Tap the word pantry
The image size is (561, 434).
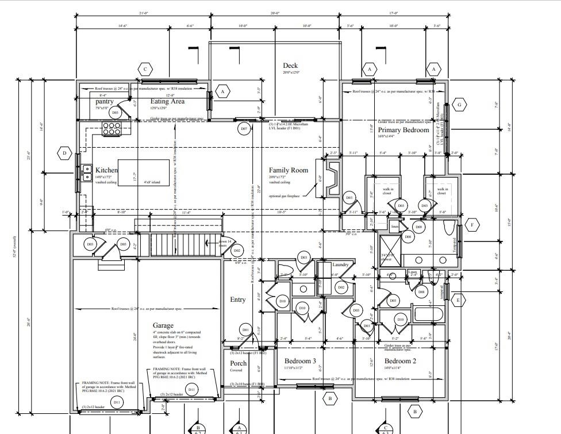coord(105,101)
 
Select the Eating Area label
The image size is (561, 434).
coord(167,101)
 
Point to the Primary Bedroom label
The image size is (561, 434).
coord(404,130)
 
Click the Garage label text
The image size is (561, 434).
coord(163,325)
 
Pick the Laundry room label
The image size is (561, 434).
coord(341,264)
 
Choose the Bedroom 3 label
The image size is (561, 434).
coord(300,360)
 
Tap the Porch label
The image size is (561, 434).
coord(238,363)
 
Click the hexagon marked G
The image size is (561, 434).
coord(459,105)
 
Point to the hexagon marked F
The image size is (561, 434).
coord(472,225)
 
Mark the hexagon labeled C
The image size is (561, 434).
coord(145,70)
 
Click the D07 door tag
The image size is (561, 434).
coord(244,129)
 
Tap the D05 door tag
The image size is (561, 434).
coord(123,244)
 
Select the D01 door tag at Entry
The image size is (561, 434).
coord(246,330)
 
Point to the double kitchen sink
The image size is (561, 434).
coord(86,170)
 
